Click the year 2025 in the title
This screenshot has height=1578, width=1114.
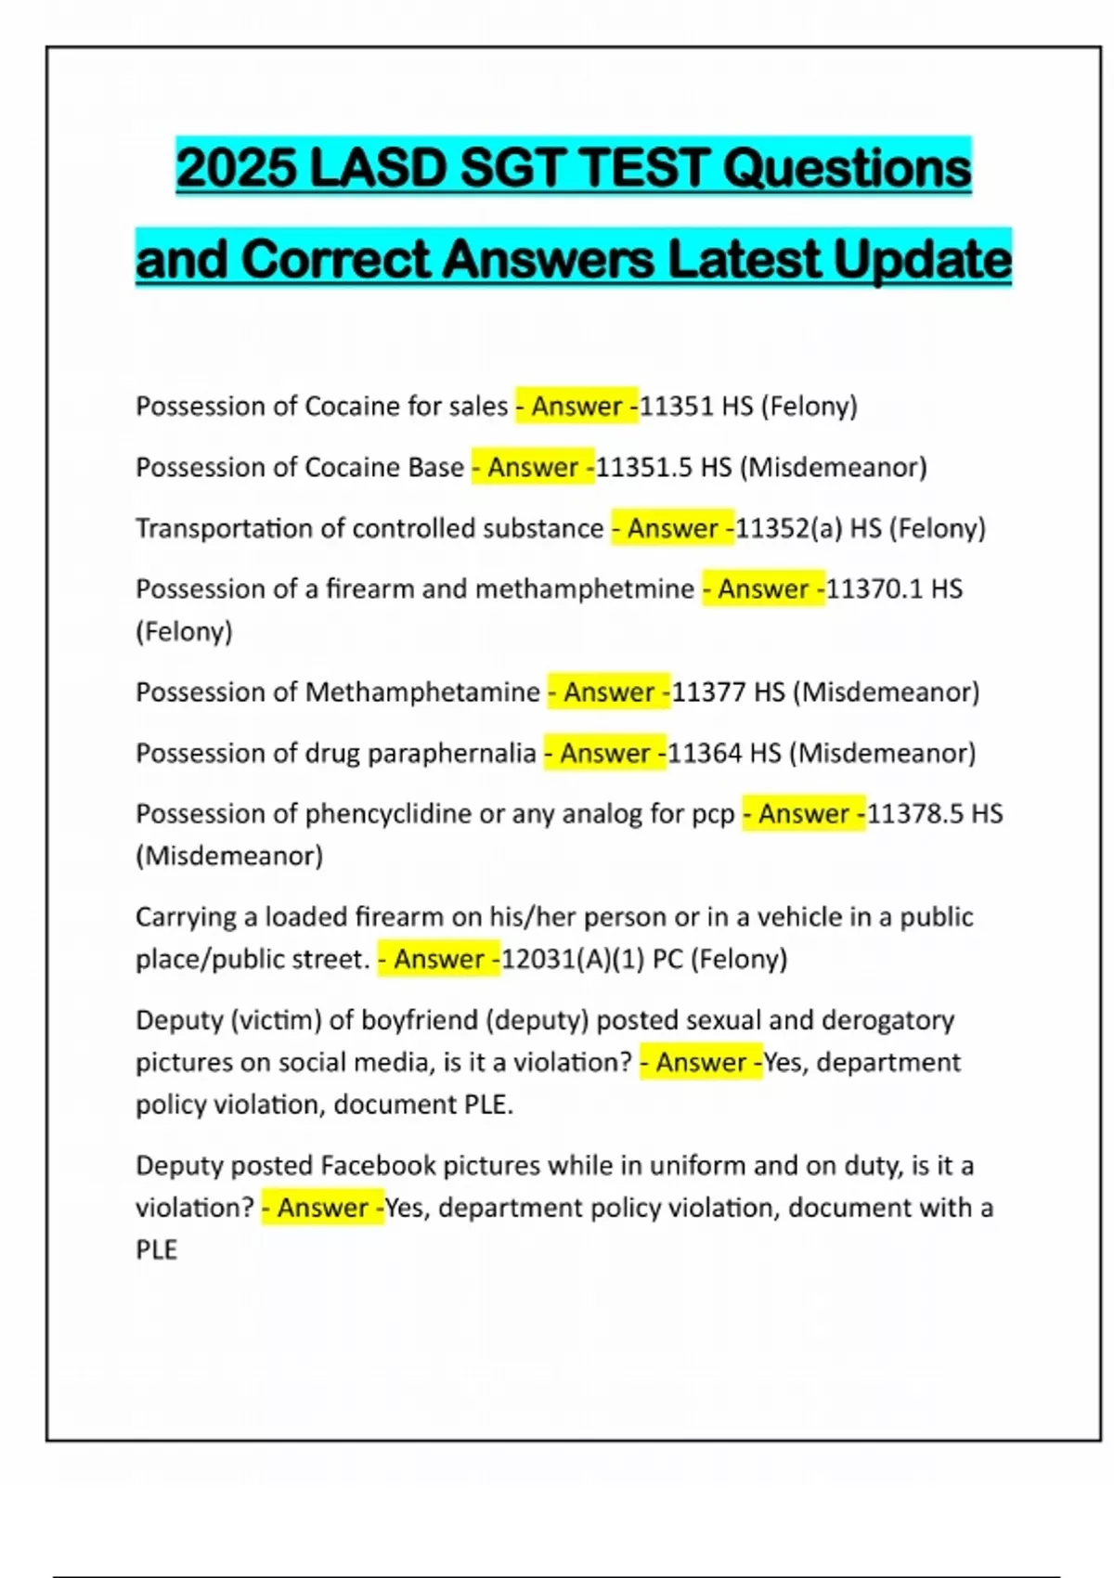(x=236, y=169)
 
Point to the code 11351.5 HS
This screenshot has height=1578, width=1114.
(x=664, y=467)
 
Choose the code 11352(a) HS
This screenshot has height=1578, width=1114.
(x=809, y=528)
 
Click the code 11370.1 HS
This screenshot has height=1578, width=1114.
(x=894, y=589)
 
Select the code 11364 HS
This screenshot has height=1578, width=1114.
(x=725, y=753)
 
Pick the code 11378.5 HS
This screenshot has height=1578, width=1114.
(x=935, y=814)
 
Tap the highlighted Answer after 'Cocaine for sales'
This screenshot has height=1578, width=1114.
(x=576, y=407)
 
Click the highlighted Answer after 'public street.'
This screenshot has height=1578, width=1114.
(x=439, y=959)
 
